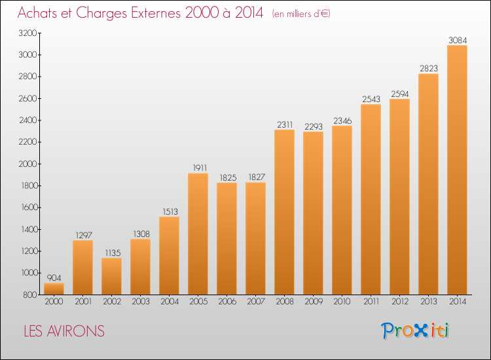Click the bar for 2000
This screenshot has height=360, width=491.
[x=54, y=289]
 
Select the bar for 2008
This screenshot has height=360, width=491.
[x=284, y=212]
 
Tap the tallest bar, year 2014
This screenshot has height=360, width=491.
[x=457, y=170]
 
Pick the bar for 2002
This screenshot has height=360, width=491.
[x=111, y=276]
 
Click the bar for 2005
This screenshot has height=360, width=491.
[x=198, y=234]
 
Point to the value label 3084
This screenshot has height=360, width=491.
[x=458, y=40]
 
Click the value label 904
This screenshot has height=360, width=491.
[x=54, y=278]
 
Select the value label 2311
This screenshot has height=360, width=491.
[x=285, y=124]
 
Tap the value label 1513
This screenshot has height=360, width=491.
[x=170, y=211]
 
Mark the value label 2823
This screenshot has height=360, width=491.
[x=429, y=68]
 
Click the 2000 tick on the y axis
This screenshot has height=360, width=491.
[x=28, y=164]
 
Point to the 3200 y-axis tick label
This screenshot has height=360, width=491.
[x=28, y=33]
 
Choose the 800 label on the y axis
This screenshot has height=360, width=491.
[x=30, y=295]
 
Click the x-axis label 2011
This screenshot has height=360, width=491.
[x=371, y=302]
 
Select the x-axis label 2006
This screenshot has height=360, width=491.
[x=227, y=302]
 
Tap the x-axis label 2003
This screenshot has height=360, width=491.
[x=141, y=302]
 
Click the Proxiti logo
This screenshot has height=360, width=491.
[x=414, y=331]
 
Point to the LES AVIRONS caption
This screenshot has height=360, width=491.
[x=64, y=331]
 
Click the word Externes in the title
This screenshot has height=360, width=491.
[x=156, y=12]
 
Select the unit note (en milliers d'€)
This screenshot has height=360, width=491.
[x=301, y=14]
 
